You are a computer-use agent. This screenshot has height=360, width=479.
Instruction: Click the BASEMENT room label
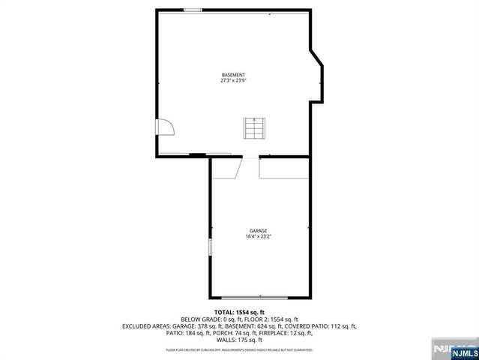coord(233,75)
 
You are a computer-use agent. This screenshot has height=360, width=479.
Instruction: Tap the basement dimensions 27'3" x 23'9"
coord(233,81)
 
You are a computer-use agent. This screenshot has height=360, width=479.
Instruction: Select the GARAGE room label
coord(259,231)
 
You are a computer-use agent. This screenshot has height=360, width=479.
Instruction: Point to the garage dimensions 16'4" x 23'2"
coord(259,237)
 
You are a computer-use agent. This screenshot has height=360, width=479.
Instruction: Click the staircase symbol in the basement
coord(253,129)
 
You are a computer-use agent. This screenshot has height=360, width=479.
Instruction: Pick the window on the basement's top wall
coord(193,10)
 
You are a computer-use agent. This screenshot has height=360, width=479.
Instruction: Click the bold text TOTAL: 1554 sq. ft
coord(239,312)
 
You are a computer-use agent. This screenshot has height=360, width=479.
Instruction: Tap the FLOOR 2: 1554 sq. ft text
coord(273,319)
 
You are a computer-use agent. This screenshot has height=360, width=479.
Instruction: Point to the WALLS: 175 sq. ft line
coord(239,340)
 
